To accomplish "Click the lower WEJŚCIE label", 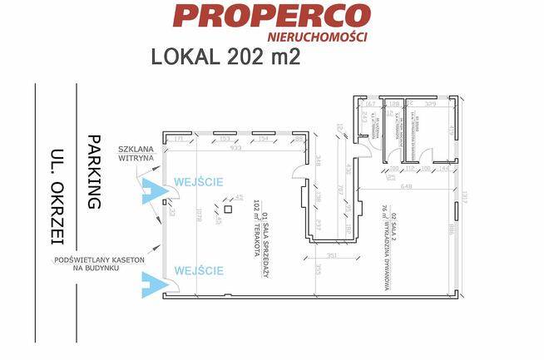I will [198, 270].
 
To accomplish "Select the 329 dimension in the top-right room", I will [432, 106].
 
